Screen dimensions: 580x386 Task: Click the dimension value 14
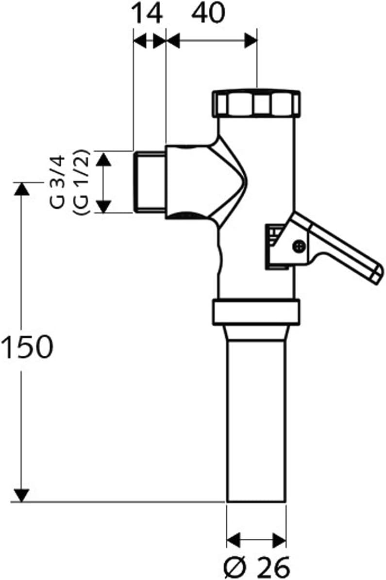[x=148, y=15]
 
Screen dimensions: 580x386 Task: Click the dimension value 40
[x=209, y=15]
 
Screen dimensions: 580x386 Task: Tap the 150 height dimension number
[x=27, y=348]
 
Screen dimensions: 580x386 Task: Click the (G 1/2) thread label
[x=81, y=182]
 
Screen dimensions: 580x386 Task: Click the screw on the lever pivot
[x=299, y=246]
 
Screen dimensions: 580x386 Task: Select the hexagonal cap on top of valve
[x=256, y=103]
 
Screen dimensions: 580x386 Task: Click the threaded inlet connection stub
[x=150, y=182]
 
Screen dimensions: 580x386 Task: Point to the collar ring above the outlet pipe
[x=256, y=313]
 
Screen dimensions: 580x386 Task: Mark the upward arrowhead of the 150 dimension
[x=21, y=189]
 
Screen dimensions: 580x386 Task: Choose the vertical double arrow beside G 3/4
[x=102, y=182]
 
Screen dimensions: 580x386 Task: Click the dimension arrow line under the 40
[x=212, y=41]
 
